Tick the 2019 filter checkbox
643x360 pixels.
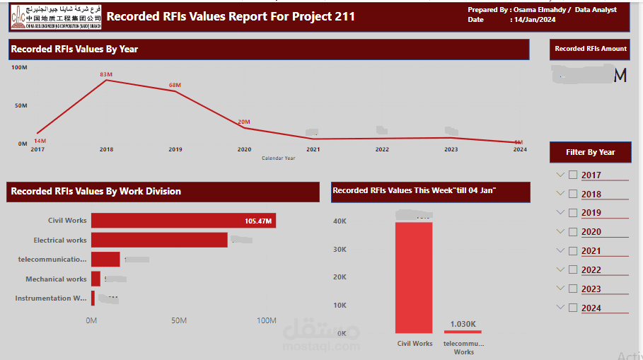pyautogui.click(x=573, y=213)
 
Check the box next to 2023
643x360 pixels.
pyautogui.click(x=573, y=289)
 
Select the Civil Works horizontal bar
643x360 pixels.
pyautogui.click(x=183, y=221)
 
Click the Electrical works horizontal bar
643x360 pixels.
pyautogui.click(x=159, y=240)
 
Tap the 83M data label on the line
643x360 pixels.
pyautogui.click(x=106, y=74)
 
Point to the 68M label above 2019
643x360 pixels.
pyautogui.click(x=175, y=85)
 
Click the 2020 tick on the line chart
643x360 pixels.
pyautogui.click(x=244, y=149)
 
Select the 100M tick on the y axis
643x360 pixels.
pyautogui.click(x=19, y=67)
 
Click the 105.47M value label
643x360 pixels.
pyautogui.click(x=258, y=221)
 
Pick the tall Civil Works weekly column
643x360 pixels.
pyautogui.click(x=414, y=277)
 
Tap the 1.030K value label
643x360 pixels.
pyautogui.click(x=463, y=324)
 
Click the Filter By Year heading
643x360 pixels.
pyautogui.click(x=591, y=152)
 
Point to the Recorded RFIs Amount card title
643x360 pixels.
pyautogui.click(x=591, y=49)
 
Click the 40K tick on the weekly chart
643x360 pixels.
pyautogui.click(x=340, y=221)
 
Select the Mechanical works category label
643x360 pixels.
pyautogui.click(x=56, y=279)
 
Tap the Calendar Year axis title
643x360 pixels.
pyautogui.click(x=278, y=158)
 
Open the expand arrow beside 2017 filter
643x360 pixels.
pyautogui.click(x=560, y=175)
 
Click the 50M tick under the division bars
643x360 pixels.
pyautogui.click(x=179, y=320)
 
